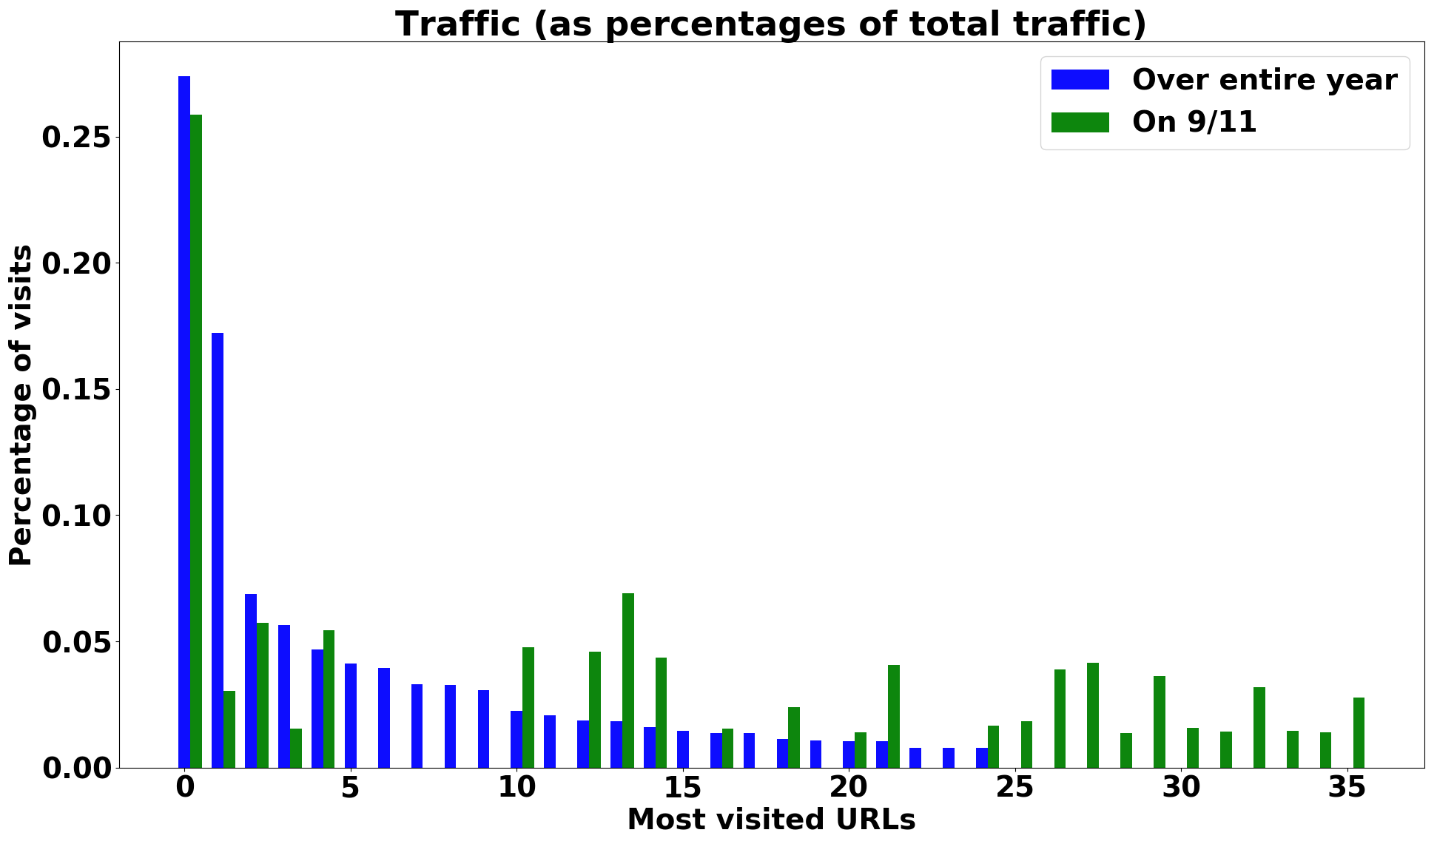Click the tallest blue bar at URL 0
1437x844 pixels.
pyautogui.click(x=184, y=422)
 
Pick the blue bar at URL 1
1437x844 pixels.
pyautogui.click(x=218, y=550)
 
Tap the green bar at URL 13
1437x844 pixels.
pyautogui.click(x=628, y=681)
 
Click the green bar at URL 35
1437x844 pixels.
pyautogui.click(x=1359, y=732)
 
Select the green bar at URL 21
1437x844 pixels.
pyautogui.click(x=894, y=716)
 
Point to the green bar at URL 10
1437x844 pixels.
pyautogui.click(x=528, y=707)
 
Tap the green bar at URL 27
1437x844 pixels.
pyautogui.click(x=1093, y=715)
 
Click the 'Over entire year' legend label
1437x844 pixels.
pyautogui.click(x=1265, y=80)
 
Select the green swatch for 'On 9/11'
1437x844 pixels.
pyautogui.click(x=1080, y=122)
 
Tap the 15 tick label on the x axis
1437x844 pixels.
pyautogui.click(x=682, y=789)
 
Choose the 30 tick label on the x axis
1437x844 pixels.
pyautogui.click(x=1181, y=789)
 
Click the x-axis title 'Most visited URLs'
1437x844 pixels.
pyautogui.click(x=771, y=820)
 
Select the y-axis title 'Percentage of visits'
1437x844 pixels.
pyautogui.click(x=21, y=405)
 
